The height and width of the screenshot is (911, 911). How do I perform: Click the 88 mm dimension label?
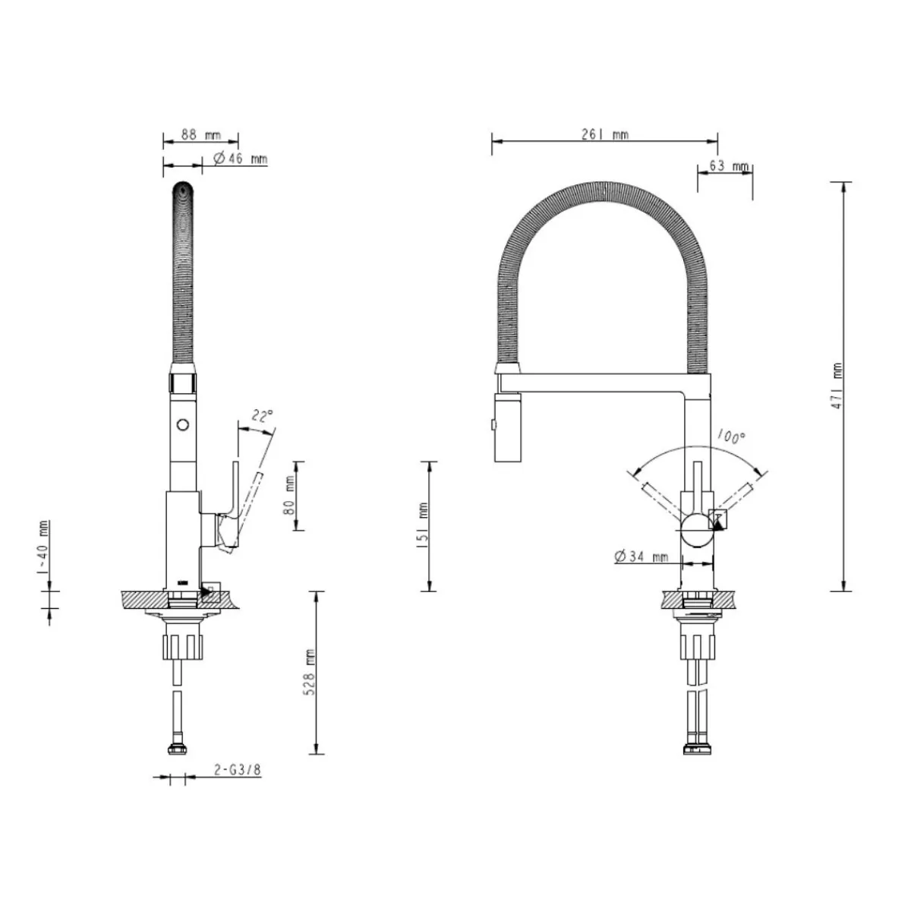pos(201,134)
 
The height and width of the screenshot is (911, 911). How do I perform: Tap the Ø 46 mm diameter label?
pos(240,159)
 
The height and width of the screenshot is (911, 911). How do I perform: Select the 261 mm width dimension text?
pos(604,134)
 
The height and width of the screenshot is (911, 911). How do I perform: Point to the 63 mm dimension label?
pos(730,166)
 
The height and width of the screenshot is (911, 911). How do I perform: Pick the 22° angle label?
pos(263,417)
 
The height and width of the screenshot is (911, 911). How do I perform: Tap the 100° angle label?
pos(731,437)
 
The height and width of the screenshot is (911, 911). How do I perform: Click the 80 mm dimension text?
pos(290,495)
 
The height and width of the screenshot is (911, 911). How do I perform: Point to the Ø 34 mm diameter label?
pos(641,557)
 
